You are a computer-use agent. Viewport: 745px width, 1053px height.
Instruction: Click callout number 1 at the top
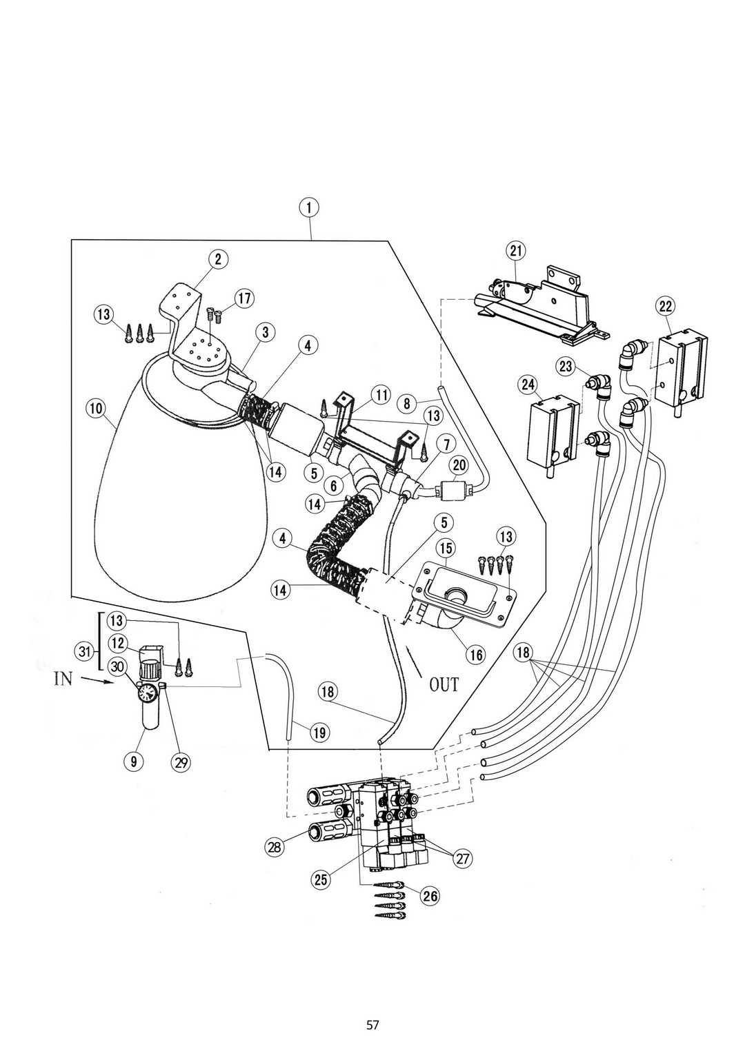coord(309,208)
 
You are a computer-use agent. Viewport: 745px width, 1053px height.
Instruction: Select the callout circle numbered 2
coord(219,259)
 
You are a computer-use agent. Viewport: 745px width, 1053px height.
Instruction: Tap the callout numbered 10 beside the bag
coord(95,409)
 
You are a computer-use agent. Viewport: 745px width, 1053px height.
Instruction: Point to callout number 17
coord(245,299)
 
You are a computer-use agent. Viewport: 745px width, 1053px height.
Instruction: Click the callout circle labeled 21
coord(516,251)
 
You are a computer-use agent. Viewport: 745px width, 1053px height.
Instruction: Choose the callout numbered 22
coord(665,307)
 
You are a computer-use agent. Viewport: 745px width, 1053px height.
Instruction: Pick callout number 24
coord(528,385)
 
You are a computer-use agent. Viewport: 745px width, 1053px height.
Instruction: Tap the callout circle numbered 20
coord(459,465)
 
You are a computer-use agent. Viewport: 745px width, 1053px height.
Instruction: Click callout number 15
coord(446,548)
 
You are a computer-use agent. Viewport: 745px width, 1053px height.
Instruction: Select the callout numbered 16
coord(476,655)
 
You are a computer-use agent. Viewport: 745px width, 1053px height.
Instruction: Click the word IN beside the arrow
coord(63,679)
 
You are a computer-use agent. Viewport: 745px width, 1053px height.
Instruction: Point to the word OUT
coord(444,685)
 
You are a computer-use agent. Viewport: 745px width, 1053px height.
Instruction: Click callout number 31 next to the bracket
coord(85,651)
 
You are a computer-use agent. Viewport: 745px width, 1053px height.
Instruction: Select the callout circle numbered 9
coord(134,761)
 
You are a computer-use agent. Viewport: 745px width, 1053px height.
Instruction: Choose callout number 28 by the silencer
coord(275,847)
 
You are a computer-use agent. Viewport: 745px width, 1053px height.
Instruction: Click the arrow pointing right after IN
coord(98,681)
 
